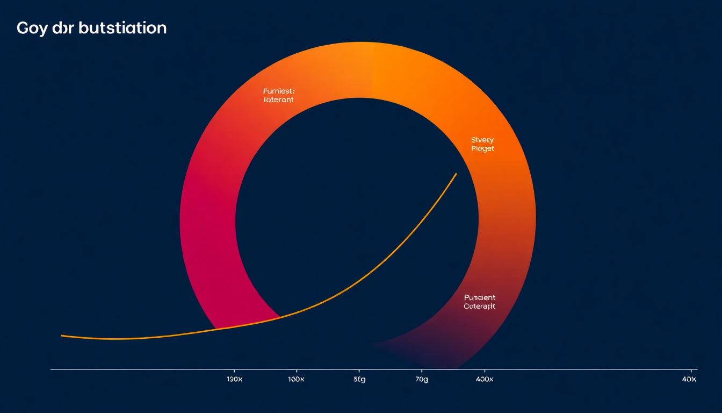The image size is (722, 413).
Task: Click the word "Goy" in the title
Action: click(x=30, y=29)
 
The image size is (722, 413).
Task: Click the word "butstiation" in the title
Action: click(x=122, y=28)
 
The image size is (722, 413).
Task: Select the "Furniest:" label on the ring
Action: click(x=279, y=91)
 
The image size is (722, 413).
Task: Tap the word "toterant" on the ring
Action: click(x=278, y=100)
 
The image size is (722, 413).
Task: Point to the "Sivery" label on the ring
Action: click(x=482, y=140)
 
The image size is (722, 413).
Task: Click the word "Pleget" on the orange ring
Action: click(x=482, y=148)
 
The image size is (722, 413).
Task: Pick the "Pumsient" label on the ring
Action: click(x=479, y=297)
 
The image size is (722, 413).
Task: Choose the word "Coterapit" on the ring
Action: click(x=479, y=307)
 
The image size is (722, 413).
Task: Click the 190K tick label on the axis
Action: click(x=234, y=379)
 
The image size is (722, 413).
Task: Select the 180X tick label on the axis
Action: click(x=297, y=379)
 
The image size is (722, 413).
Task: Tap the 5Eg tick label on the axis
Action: click(x=359, y=379)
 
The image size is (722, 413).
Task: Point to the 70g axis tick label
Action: click(x=422, y=379)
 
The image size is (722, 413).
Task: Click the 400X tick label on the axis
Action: click(x=485, y=379)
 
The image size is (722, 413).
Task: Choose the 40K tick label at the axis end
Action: click(x=689, y=379)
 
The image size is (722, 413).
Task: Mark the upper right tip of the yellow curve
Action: click(x=456, y=174)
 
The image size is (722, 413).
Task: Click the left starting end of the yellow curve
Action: click(x=62, y=336)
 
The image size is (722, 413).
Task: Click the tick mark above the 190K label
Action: click(x=234, y=371)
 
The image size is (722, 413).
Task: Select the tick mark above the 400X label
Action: click(x=485, y=371)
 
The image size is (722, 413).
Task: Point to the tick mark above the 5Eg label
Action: click(x=359, y=371)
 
